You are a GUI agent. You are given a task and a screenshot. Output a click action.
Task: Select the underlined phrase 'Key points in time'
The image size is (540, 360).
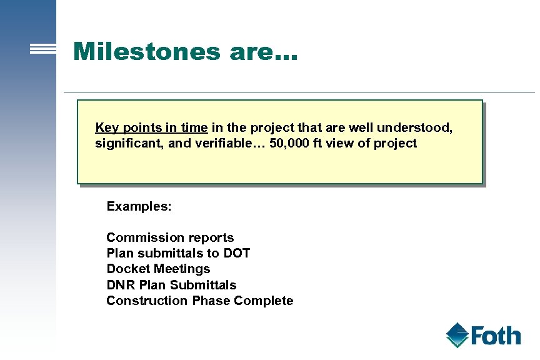[x=151, y=127]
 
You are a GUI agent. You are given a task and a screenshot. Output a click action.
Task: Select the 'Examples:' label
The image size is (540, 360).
[x=139, y=206]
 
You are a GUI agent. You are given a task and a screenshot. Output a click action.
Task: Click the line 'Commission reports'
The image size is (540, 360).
[x=170, y=237]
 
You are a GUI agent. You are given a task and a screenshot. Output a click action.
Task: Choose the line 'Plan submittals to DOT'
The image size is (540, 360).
[x=178, y=253]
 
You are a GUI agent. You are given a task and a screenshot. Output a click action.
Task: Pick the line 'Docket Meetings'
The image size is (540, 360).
[x=158, y=269]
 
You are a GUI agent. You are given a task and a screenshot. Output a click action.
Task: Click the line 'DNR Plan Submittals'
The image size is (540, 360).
[x=171, y=285]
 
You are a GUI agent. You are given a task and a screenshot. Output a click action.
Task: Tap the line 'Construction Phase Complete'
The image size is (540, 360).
[x=199, y=301]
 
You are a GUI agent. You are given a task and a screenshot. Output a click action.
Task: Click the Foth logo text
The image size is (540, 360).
[x=496, y=336]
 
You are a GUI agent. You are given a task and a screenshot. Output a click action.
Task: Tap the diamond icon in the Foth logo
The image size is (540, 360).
[x=458, y=335]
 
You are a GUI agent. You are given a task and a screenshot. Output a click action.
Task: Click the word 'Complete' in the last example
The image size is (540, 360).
[x=263, y=301]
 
